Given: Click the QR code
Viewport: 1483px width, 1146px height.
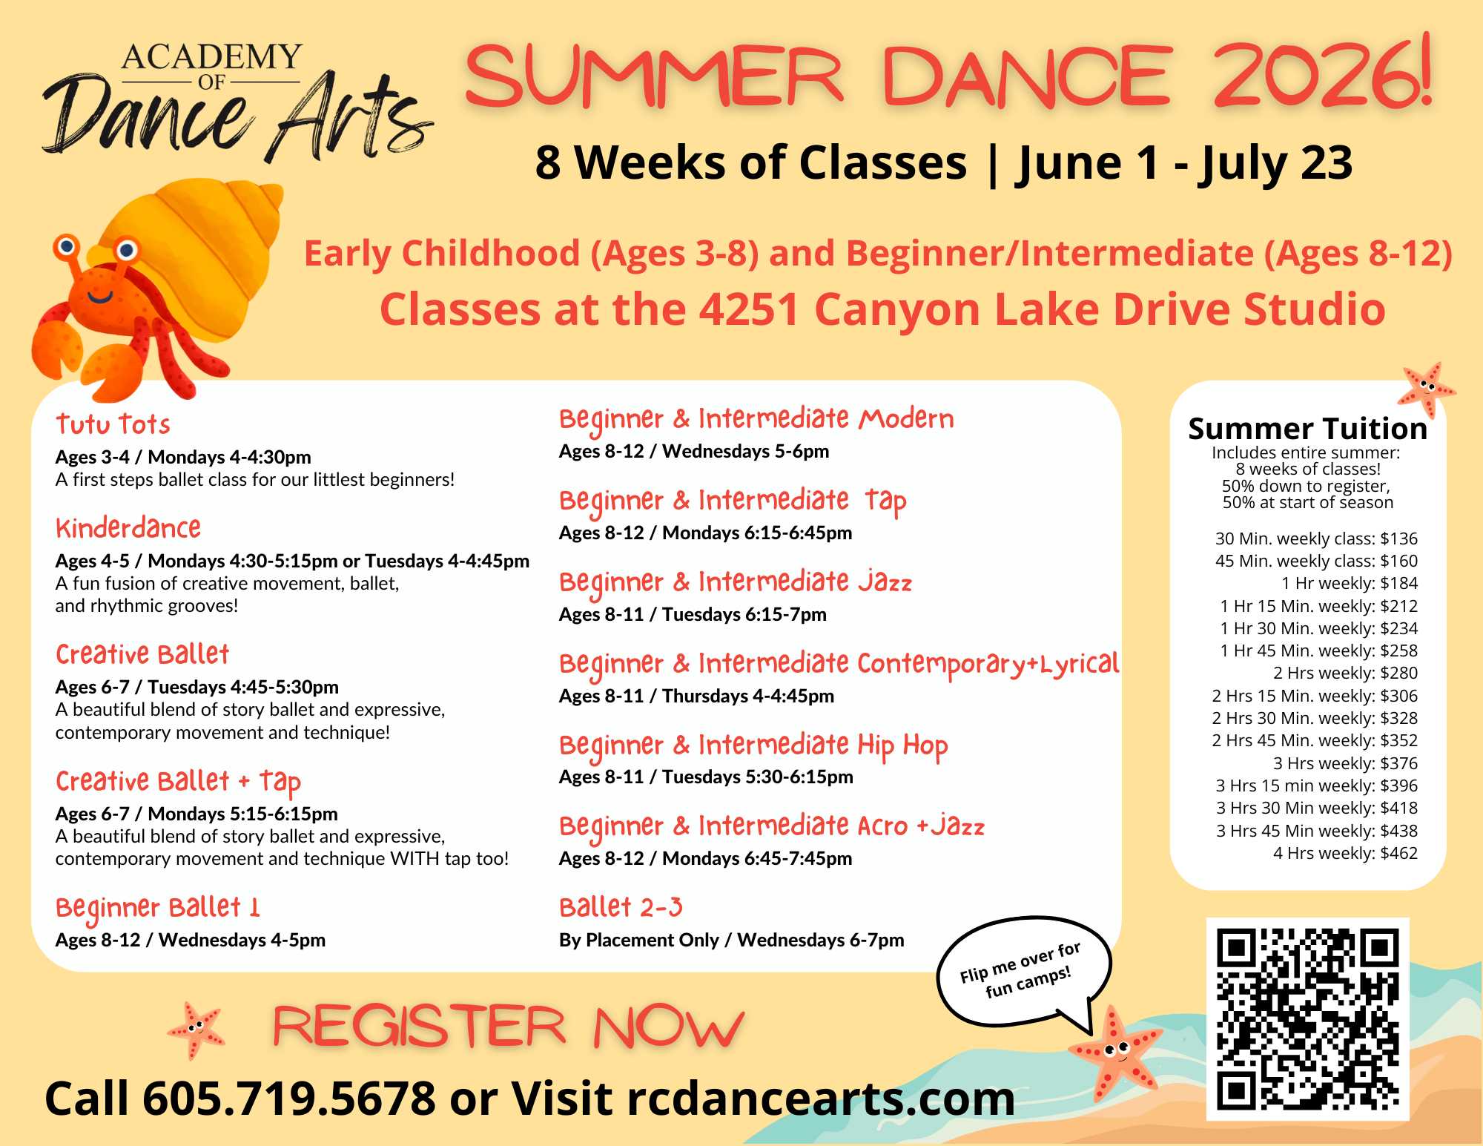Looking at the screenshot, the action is tap(1308, 1019).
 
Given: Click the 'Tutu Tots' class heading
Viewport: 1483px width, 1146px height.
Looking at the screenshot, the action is tap(113, 424).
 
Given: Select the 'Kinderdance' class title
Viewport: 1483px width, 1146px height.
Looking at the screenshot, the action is tap(128, 528).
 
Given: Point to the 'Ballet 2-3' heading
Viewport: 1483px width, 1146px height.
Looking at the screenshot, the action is tap(621, 907).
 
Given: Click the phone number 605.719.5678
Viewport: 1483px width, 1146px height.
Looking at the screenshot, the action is tap(289, 1099).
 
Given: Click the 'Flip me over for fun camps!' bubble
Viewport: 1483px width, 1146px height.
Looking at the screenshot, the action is tap(1023, 972).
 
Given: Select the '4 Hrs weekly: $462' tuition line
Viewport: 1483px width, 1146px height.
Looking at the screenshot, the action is tap(1345, 853).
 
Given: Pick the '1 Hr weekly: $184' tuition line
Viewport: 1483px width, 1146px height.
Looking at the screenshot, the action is tap(1350, 583).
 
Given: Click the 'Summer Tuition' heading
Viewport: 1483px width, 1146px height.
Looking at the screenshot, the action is tap(1307, 429).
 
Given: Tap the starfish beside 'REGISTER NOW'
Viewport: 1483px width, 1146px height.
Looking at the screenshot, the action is tap(196, 1030).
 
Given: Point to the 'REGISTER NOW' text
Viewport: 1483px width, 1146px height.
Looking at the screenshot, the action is tap(509, 1027).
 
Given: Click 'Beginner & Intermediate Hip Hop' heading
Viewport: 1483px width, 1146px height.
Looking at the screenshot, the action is tap(753, 745).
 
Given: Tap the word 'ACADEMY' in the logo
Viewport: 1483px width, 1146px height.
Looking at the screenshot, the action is tap(211, 56).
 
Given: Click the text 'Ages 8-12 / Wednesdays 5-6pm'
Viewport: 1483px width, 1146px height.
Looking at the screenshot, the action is tap(694, 451).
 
